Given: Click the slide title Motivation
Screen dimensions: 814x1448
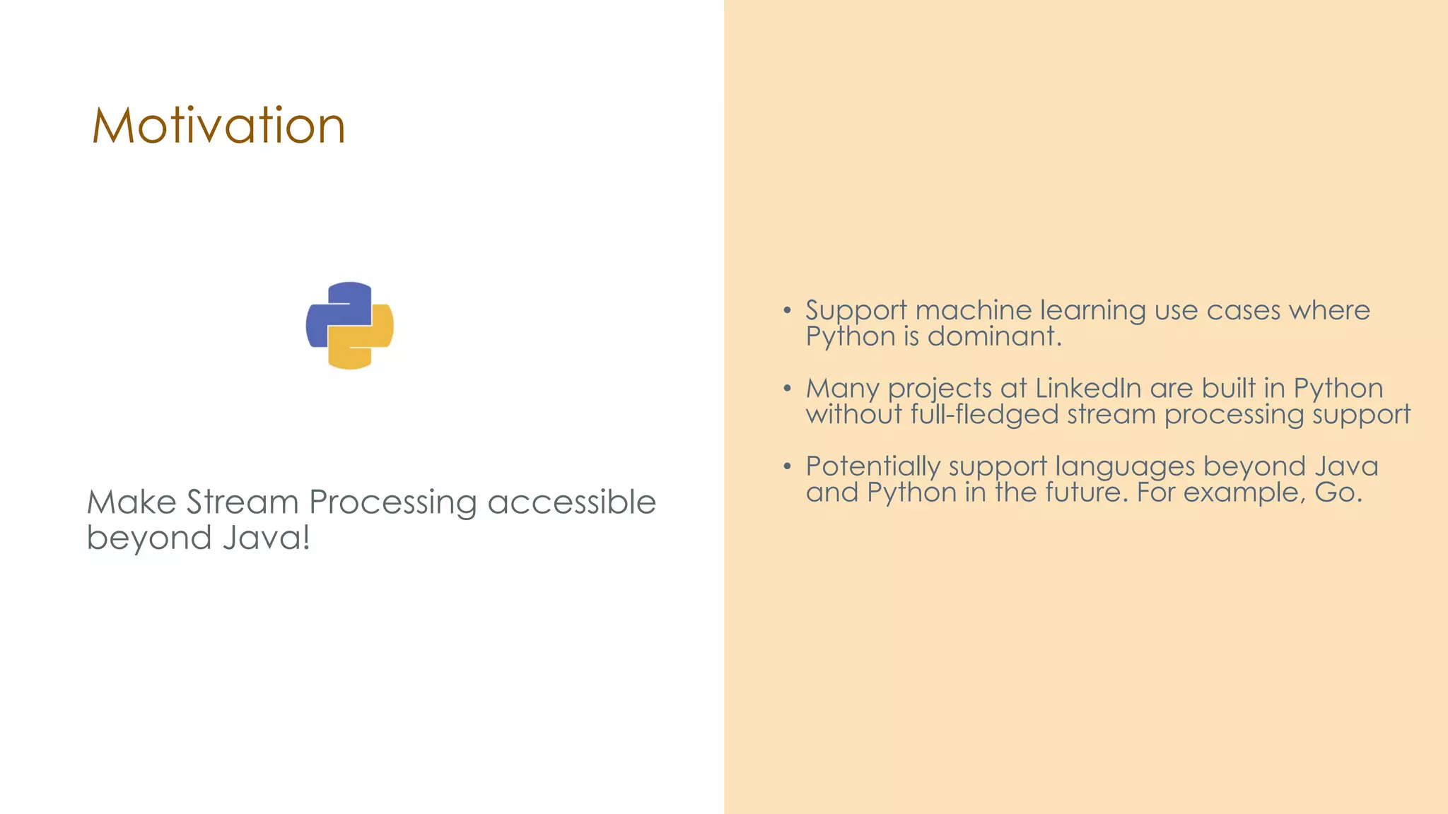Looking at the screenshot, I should pos(218,126).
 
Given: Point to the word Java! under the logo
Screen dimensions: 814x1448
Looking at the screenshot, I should pos(267,538).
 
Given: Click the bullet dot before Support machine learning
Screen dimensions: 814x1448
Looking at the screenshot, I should pos(787,310).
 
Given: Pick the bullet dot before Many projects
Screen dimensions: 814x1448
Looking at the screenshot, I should pos(787,389).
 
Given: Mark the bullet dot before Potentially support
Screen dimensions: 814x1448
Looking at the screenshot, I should pos(787,466).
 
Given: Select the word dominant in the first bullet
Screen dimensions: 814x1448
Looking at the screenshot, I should pos(994,336).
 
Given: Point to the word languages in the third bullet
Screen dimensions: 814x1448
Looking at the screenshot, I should pos(1125,467).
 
